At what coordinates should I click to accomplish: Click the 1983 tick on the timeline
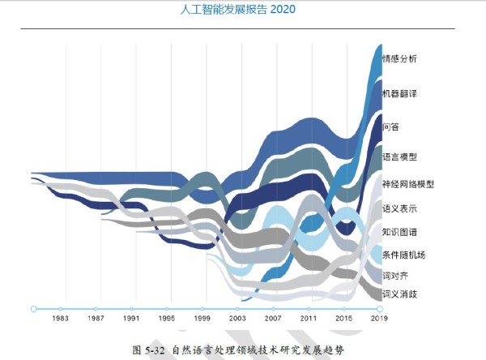pos(60,309)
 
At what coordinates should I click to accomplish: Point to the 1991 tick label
pos(131,319)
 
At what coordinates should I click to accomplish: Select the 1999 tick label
pos(202,319)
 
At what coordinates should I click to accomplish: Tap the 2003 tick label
pos(238,319)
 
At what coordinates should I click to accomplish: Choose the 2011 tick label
pos(309,319)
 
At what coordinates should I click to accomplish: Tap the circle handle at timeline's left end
pos(33,309)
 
